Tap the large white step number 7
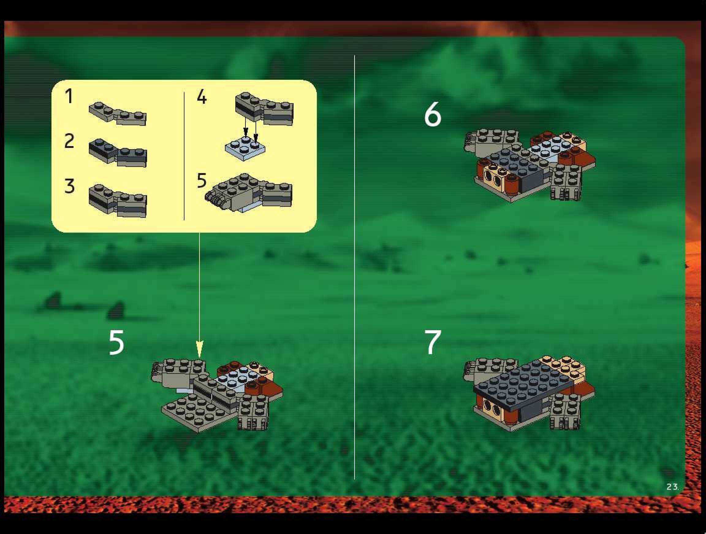(x=433, y=342)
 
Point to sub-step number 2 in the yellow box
(x=69, y=141)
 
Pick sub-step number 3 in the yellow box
(x=69, y=186)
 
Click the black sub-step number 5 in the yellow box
(x=202, y=180)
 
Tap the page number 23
(x=672, y=487)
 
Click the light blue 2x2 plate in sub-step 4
(x=245, y=148)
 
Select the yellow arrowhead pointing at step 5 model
(x=199, y=349)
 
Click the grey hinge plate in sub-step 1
(x=117, y=114)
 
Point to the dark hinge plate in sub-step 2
(x=118, y=153)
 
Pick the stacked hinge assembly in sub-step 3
(x=118, y=201)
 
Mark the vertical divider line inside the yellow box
(x=184, y=156)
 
